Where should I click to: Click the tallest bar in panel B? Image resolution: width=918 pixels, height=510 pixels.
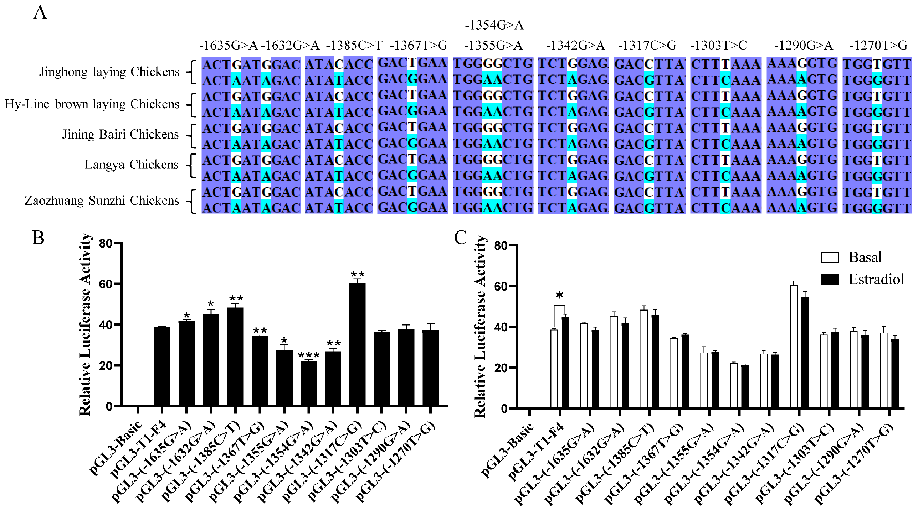[x=357, y=344]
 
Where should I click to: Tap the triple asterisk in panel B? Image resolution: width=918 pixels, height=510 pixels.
[x=309, y=355]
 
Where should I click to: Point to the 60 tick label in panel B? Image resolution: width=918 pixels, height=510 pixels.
[x=106, y=284]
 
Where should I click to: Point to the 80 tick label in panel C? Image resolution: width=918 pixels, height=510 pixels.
[x=501, y=246]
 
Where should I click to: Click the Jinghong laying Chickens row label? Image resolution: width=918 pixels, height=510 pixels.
[x=109, y=72]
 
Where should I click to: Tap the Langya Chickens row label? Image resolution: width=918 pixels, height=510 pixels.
[x=131, y=165]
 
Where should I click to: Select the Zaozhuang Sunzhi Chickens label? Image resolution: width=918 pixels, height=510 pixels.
[x=102, y=201]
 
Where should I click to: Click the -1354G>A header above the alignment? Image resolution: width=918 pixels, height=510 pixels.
[x=494, y=25]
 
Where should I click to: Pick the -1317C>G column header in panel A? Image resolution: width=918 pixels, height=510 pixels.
[x=647, y=46]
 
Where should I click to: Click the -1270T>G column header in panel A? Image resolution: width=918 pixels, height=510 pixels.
[x=878, y=46]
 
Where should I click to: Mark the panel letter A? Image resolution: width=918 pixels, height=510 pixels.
[x=40, y=13]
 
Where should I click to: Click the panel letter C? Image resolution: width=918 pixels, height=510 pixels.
[x=460, y=238]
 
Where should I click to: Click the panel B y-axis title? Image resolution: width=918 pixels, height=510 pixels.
[x=85, y=324]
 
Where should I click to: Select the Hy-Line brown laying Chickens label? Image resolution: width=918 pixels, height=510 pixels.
[x=92, y=104]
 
